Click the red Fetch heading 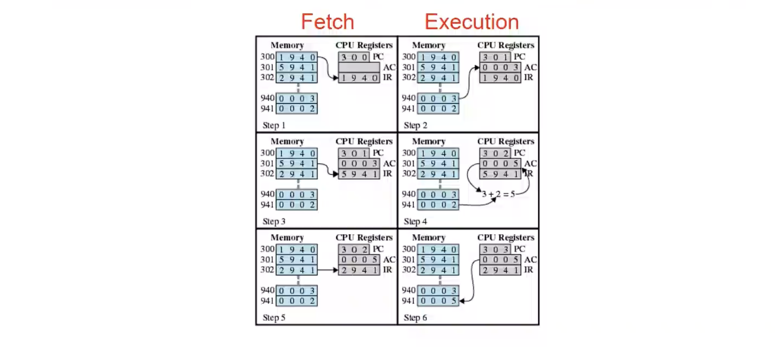[327, 22]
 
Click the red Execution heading [472, 22]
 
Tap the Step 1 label [274, 125]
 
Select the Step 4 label [415, 221]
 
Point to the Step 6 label [415, 318]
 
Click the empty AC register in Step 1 [359, 67]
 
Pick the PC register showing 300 [354, 57]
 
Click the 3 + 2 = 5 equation [498, 194]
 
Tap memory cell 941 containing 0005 [438, 301]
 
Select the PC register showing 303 [495, 249]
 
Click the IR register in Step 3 [359, 174]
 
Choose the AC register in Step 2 [500, 67]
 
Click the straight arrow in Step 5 [328, 270]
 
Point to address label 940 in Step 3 [267, 194]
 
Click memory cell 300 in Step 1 [297, 57]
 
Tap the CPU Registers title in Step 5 [364, 237]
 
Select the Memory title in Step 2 [428, 45]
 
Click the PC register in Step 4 [495, 153]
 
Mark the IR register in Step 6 [500, 270]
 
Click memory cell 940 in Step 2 [438, 98]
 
